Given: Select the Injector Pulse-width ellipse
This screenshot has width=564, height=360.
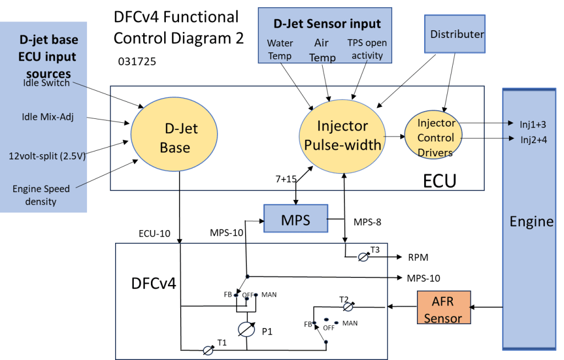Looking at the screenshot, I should (x=341, y=135).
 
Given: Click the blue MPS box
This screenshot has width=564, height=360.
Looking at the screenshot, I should (x=296, y=219).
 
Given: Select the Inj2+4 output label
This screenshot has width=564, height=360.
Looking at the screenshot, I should (x=533, y=139).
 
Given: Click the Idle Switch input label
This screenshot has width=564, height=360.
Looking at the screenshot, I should (x=46, y=83).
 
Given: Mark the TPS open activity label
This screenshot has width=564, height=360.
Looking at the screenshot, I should (x=367, y=49).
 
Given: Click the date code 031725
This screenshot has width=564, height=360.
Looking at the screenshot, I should (x=137, y=62).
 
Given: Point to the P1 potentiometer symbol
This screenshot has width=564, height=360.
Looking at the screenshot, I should (x=246, y=329).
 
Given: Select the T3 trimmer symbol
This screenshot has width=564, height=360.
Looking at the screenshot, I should (x=363, y=256).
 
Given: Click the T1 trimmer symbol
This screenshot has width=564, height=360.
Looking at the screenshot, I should (x=208, y=350).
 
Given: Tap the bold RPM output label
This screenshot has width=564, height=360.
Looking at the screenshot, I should (x=419, y=257).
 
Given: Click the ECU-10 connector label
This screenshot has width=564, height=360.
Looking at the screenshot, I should (x=154, y=233).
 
